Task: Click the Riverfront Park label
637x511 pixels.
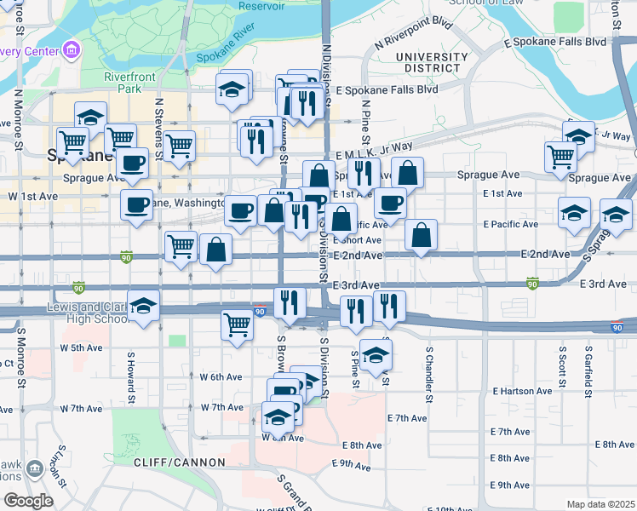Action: [x=123, y=82]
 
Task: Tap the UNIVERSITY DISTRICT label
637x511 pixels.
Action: [x=432, y=62]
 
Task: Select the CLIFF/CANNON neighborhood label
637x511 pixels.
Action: [x=179, y=462]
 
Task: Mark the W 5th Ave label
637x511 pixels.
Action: [x=81, y=347]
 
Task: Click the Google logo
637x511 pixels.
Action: [x=28, y=501]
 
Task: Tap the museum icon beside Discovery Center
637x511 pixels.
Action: [x=71, y=50]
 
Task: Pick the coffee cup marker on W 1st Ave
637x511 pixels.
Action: [x=136, y=204]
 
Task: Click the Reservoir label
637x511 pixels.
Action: [x=261, y=6]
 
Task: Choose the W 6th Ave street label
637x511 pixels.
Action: [x=221, y=376]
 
